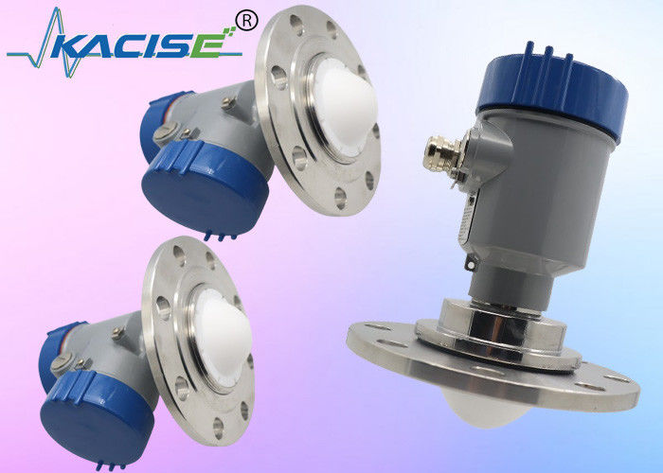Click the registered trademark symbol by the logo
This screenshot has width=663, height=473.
[246, 21]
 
